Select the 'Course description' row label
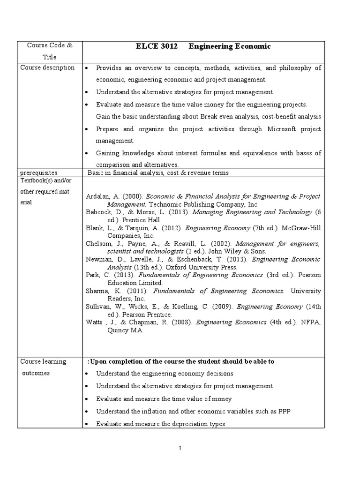coord(47,67)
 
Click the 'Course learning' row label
coord(43,361)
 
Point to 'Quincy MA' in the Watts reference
coord(125,330)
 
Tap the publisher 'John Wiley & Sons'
coord(210,251)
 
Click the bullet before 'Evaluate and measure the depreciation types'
coord(88,424)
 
